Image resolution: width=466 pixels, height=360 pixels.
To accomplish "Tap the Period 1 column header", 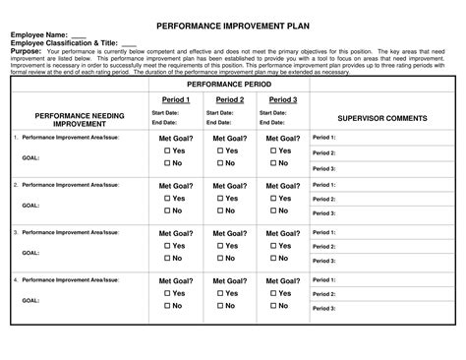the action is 176,100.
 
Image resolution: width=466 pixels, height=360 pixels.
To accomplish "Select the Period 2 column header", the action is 230,100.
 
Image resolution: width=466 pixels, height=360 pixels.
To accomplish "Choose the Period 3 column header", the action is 283,100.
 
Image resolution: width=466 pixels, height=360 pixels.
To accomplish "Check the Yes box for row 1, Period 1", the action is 167,151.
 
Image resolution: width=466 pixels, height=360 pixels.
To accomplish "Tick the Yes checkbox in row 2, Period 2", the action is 221,199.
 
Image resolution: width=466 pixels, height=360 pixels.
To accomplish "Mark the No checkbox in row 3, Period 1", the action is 167,258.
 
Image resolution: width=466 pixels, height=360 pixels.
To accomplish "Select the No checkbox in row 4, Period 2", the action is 221,305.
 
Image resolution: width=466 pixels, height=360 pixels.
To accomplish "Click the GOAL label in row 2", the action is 30,206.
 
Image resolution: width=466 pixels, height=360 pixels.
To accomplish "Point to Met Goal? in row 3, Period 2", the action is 230,233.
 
